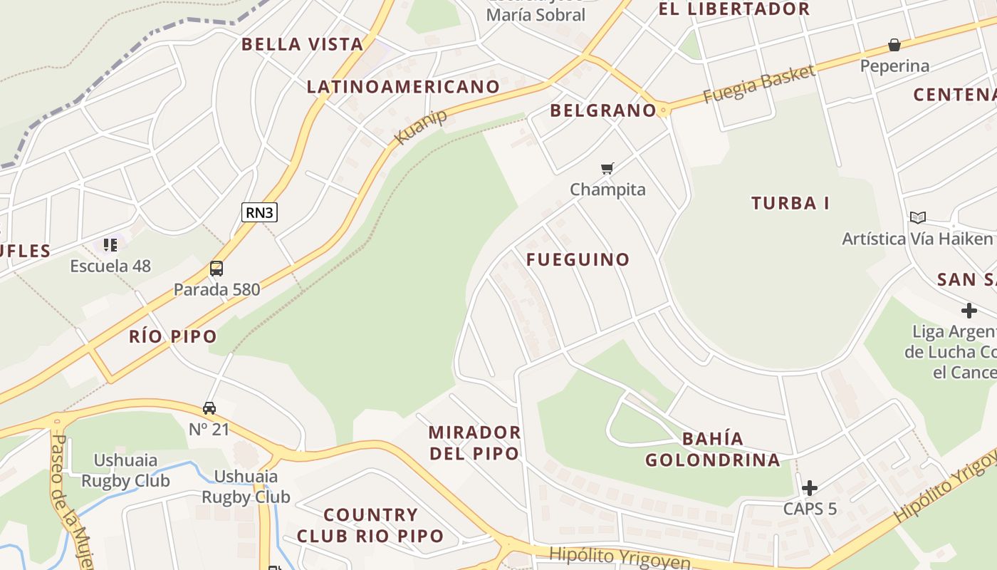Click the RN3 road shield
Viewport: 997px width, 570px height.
[259, 212]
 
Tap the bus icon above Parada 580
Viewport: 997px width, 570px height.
[216, 269]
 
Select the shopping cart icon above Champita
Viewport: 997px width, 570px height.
[607, 169]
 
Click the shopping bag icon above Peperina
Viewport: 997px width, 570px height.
[894, 46]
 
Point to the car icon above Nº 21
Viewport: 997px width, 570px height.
[209, 408]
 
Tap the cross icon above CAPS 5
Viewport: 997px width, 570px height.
[810, 488]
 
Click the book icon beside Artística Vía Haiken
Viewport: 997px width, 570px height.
[918, 217]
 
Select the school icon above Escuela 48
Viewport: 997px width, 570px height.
[110, 245]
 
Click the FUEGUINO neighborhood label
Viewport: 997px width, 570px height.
[578, 259]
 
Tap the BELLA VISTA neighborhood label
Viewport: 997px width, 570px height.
[303, 44]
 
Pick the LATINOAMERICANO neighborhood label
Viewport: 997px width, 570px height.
[403, 87]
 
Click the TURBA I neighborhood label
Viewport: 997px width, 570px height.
[790, 203]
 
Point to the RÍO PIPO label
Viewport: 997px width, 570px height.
[173, 336]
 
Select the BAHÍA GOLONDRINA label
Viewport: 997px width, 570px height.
[713, 449]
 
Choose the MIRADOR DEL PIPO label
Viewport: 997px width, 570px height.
[474, 442]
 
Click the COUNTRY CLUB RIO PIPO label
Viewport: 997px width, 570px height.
[370, 525]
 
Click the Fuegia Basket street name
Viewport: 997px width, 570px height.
[758, 84]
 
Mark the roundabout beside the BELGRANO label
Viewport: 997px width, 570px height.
[664, 110]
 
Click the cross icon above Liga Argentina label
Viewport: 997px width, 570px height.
[969, 311]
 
